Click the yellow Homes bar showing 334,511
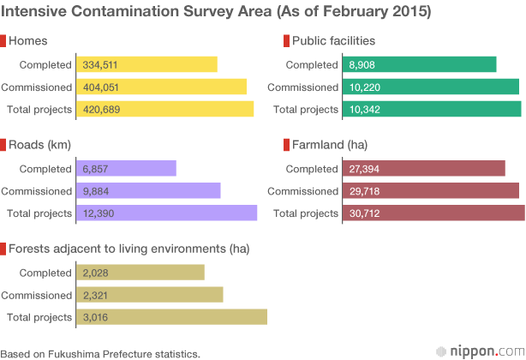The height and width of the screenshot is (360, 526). click(x=147, y=64)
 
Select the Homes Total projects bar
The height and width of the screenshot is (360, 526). click(x=165, y=109)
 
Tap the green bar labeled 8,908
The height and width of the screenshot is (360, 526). click(x=420, y=64)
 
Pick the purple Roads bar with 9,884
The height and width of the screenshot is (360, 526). click(x=148, y=190)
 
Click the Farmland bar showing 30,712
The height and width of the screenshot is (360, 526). click(x=433, y=213)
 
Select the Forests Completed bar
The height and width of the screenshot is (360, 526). click(x=140, y=273)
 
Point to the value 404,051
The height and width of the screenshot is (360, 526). click(x=100, y=87)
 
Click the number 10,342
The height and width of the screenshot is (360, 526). click(x=365, y=110)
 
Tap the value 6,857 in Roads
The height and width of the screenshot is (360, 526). click(x=95, y=169)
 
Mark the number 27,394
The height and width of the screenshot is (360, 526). click(x=364, y=169)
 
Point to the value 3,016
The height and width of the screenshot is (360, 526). click(x=95, y=317)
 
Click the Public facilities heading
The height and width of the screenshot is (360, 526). click(x=333, y=40)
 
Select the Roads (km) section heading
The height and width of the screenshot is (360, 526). click(x=39, y=145)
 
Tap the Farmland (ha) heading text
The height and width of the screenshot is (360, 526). click(x=330, y=145)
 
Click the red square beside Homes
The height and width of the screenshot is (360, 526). click(x=3, y=41)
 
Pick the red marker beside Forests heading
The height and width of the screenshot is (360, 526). click(x=3, y=249)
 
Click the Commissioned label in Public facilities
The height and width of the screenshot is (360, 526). click(x=302, y=87)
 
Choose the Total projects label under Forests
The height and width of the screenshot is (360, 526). click(x=39, y=317)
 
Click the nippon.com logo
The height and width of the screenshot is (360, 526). click(x=481, y=351)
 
